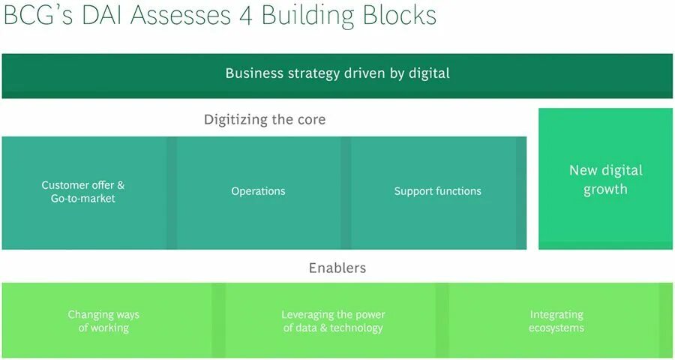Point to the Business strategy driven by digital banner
[x=337, y=75]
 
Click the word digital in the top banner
[x=427, y=73]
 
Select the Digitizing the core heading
[x=265, y=119]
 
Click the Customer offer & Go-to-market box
[x=83, y=192]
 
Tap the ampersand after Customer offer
[x=121, y=185]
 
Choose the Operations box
[x=258, y=192]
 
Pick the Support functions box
[x=437, y=192]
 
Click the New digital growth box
[x=605, y=179]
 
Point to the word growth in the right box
[x=605, y=190]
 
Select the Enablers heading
[x=337, y=268]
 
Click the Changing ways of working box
[x=105, y=321]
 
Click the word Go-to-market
[x=83, y=199]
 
